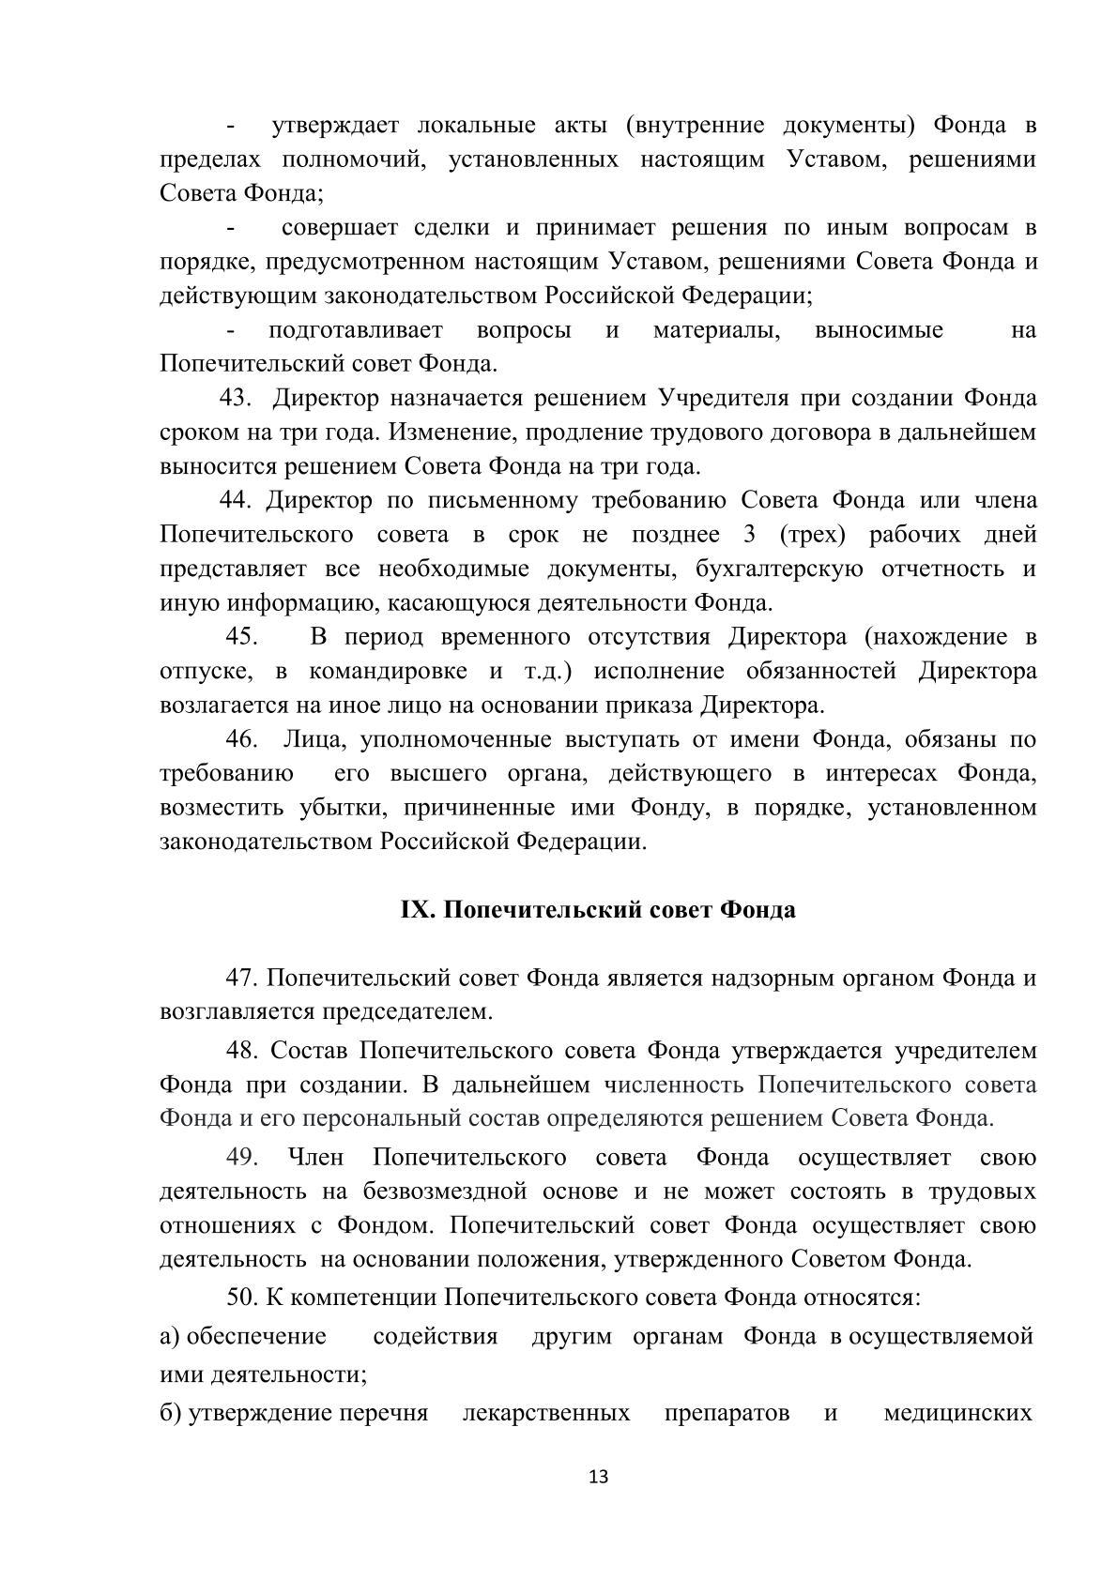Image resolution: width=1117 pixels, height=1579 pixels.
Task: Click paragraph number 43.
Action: pos(236,399)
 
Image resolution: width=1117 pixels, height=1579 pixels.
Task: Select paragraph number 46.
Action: pos(241,739)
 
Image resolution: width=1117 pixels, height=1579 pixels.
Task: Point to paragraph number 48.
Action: pos(241,1051)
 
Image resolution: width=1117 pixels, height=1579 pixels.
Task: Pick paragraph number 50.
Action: pos(241,1298)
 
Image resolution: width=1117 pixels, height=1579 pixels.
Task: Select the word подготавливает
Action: pos(355,330)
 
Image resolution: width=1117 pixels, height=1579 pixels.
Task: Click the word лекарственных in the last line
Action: pos(546,1413)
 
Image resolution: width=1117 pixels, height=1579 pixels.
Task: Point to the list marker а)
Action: pos(170,1336)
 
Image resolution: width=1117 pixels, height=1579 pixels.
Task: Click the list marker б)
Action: pos(170,1413)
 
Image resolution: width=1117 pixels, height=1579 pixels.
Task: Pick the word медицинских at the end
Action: pos(958,1413)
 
